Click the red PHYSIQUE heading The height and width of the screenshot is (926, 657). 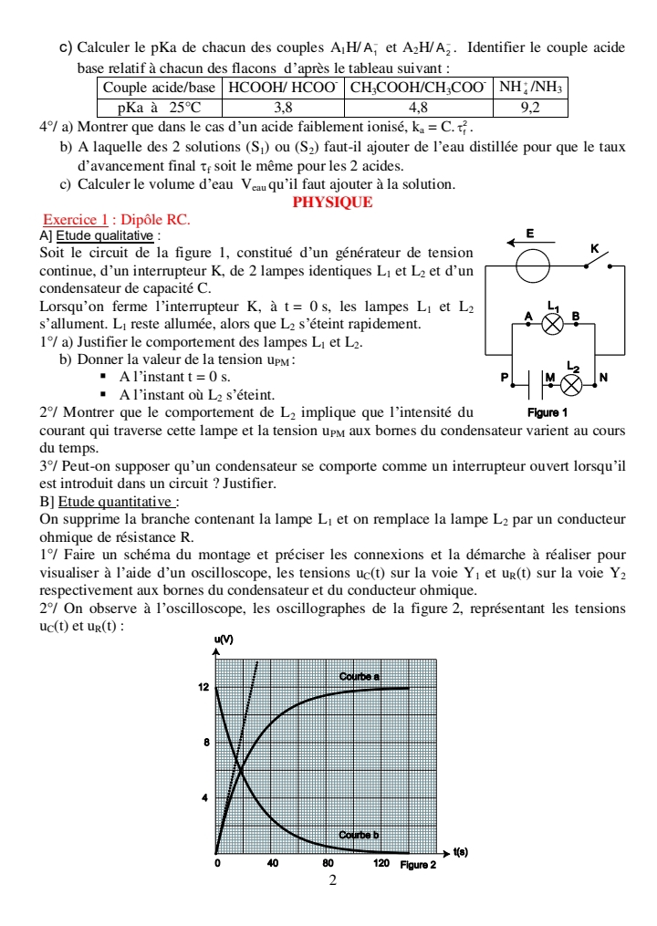click(332, 203)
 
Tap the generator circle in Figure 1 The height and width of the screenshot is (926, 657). click(532, 266)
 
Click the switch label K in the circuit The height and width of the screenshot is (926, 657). click(595, 248)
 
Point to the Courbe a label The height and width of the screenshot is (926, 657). click(360, 677)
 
